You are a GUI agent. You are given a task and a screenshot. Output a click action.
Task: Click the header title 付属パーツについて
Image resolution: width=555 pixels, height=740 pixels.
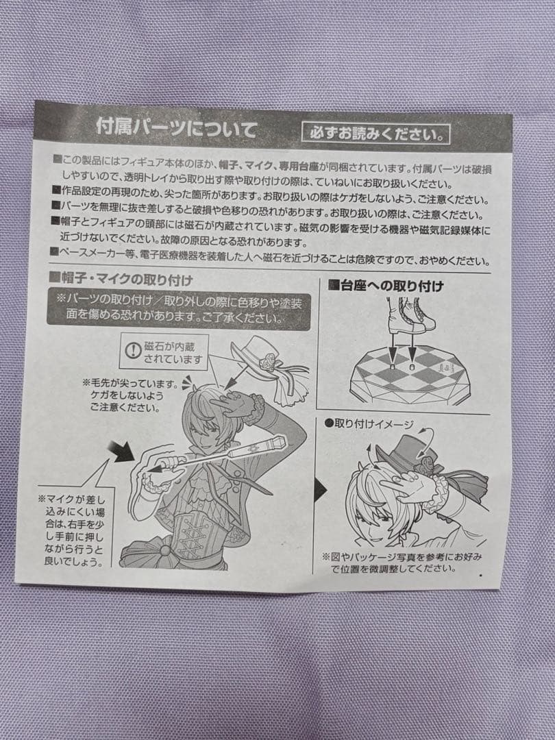tap(177, 128)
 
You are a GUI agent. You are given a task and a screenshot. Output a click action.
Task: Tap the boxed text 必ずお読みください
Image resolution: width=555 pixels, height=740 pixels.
tap(375, 133)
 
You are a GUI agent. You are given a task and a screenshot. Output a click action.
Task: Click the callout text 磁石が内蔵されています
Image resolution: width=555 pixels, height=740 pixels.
tap(173, 353)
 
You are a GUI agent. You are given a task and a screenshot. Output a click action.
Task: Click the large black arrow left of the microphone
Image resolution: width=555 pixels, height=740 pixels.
tap(124, 453)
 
